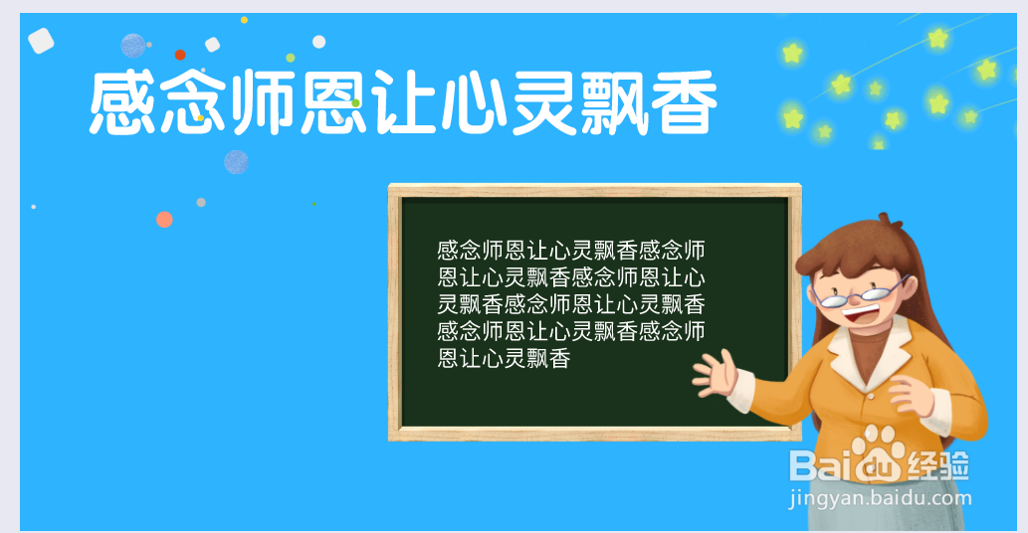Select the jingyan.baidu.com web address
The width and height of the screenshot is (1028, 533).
click(x=880, y=497)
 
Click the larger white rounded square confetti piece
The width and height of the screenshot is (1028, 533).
click(x=41, y=41)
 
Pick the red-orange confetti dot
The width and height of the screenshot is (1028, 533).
click(x=180, y=55)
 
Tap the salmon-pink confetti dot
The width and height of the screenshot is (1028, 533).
click(x=164, y=220)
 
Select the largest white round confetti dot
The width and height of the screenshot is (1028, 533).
click(x=319, y=42)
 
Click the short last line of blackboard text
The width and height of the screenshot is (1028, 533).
click(x=505, y=359)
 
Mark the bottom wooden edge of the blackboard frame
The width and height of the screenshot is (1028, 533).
click(x=594, y=434)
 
